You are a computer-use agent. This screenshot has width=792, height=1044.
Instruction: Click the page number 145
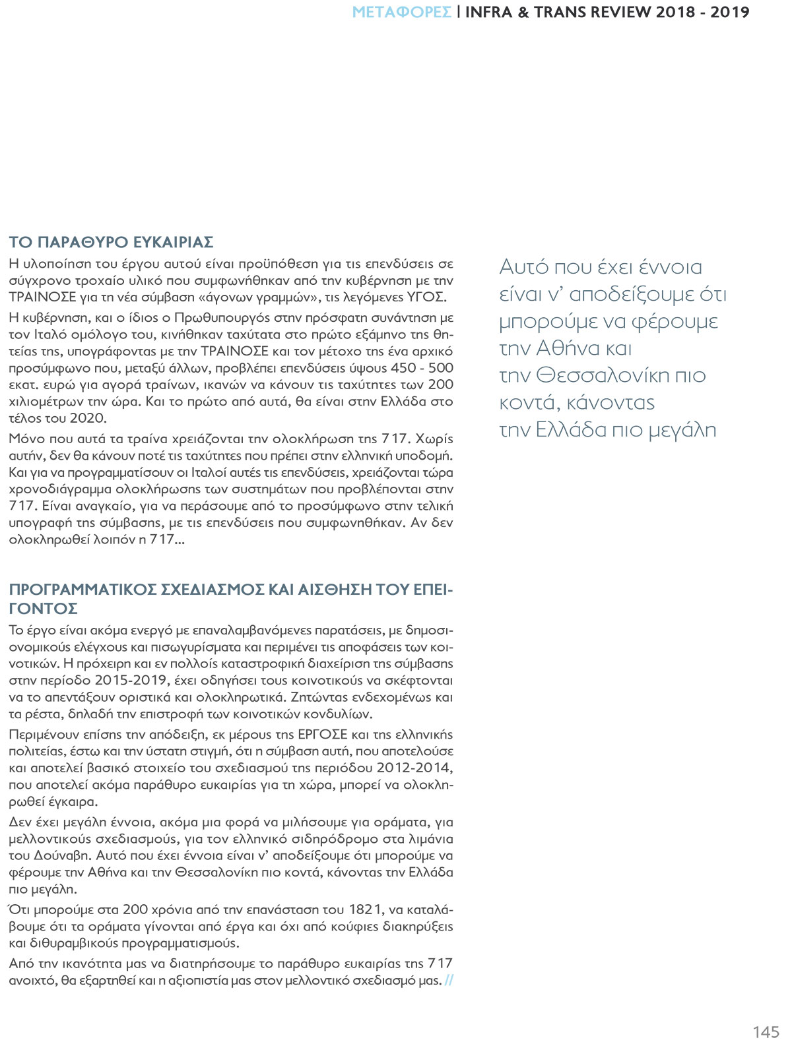[x=766, y=1031]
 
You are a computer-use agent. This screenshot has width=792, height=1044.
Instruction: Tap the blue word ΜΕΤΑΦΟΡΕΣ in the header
[x=402, y=12]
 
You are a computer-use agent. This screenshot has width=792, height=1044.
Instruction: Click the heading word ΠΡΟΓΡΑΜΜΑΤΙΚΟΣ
[x=83, y=589]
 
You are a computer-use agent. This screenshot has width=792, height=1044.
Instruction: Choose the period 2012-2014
[x=414, y=768]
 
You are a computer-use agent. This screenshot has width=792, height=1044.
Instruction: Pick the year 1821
[x=364, y=909]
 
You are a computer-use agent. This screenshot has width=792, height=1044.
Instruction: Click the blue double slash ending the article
[x=449, y=981]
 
